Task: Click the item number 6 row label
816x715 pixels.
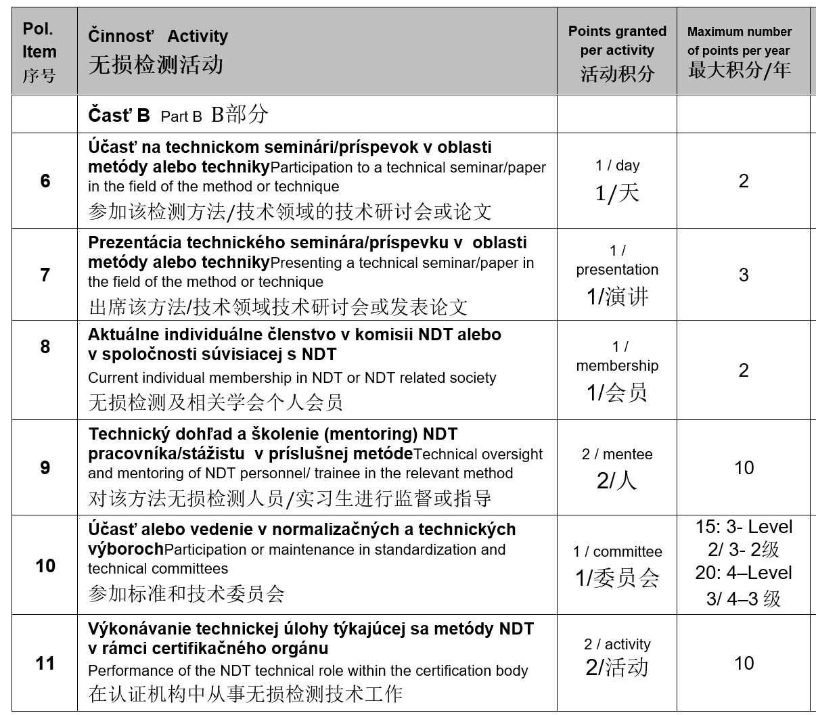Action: click(45, 181)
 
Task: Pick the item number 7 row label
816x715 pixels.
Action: click(45, 275)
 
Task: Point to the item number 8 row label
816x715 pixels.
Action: click(45, 346)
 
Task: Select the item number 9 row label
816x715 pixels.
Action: click(45, 467)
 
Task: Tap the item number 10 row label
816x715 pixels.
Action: click(45, 566)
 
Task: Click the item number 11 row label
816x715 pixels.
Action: click(45, 663)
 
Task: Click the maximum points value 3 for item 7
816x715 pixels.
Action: click(744, 275)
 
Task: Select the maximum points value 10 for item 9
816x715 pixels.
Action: click(744, 467)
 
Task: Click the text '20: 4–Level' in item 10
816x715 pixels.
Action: click(744, 573)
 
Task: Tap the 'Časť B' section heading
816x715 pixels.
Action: click(119, 115)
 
